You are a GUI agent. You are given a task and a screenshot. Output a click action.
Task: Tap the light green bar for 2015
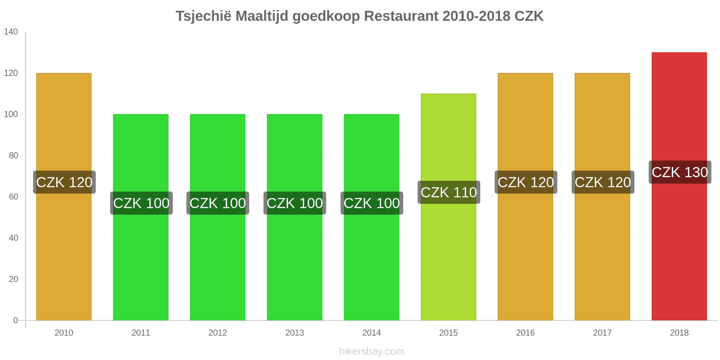point(448,261)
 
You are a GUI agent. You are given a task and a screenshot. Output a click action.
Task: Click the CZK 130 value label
point(679,172)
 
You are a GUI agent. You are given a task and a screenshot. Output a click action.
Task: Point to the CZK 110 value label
point(449,192)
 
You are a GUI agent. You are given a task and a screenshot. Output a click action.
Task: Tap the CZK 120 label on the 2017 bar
point(603,182)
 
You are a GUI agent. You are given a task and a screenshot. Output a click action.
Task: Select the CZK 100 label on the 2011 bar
point(141,203)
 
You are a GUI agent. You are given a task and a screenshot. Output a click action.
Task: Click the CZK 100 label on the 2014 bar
point(372,203)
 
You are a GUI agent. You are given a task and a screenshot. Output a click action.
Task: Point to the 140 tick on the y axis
point(11,31)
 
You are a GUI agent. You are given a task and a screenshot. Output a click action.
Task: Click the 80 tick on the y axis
point(13,155)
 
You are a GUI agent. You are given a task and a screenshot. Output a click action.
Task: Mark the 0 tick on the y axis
point(15,320)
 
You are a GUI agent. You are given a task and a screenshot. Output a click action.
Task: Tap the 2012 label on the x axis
point(218,333)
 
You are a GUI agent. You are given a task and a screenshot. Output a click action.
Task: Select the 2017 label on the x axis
point(602,333)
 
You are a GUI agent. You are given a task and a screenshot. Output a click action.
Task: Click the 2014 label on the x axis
point(372,333)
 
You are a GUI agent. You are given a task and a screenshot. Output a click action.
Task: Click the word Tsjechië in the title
point(203,16)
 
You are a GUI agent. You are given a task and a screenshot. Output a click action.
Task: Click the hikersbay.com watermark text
point(372,351)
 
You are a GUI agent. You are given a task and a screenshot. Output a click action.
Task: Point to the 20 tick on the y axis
point(13,279)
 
